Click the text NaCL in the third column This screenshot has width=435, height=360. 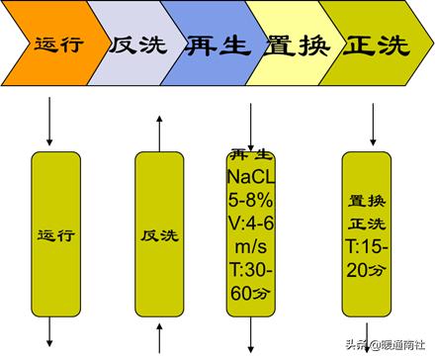pos(251,175)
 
